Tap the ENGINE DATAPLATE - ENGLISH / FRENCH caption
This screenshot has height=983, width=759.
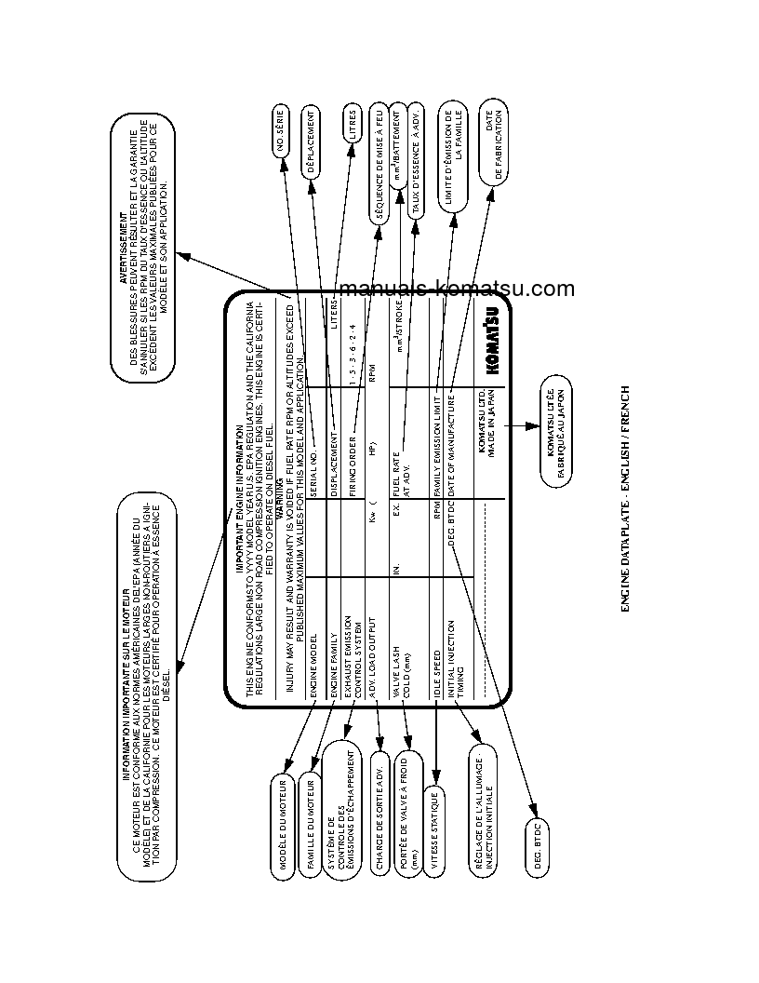[625, 498]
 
